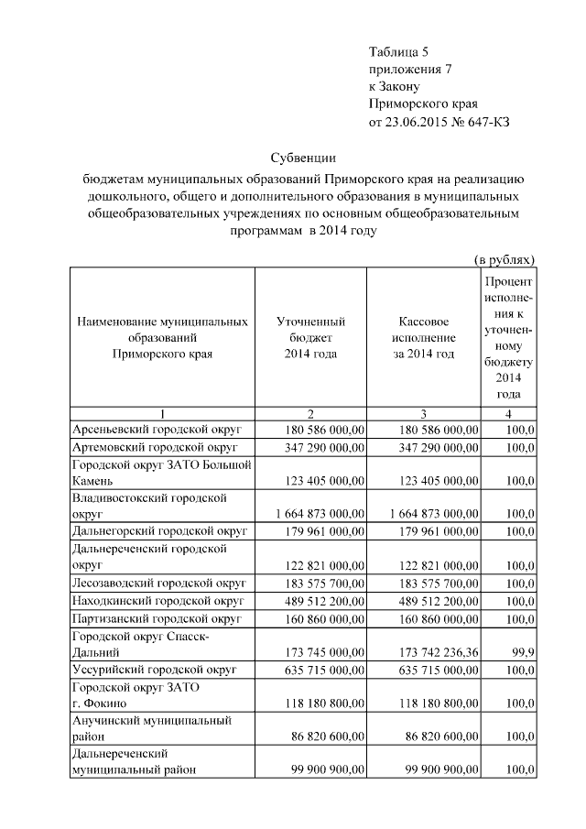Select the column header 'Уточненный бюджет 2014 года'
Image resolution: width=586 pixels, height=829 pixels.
[x=310, y=338]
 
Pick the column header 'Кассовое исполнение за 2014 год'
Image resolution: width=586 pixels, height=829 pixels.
[x=423, y=338]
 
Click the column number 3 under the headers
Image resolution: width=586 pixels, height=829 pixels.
[x=423, y=413]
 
